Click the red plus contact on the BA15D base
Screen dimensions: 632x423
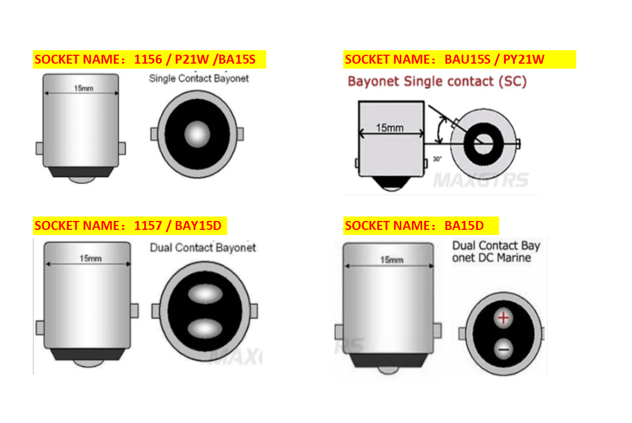click(503, 318)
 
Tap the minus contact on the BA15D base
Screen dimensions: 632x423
click(504, 349)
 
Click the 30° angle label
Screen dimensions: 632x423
click(437, 159)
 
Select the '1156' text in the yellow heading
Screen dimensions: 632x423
click(148, 59)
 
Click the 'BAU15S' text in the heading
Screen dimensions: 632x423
click(467, 59)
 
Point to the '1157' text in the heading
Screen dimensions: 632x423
click(148, 225)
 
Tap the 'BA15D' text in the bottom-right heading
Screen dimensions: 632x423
click(464, 225)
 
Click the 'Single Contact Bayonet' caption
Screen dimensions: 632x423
click(199, 79)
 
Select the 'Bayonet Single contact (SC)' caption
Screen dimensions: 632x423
click(437, 81)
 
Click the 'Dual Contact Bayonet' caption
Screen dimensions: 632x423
click(203, 247)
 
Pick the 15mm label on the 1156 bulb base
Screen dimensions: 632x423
click(83, 88)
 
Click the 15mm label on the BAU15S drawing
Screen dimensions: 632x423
click(390, 128)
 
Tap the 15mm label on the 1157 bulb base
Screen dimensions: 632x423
click(90, 258)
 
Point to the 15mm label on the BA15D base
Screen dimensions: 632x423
click(392, 260)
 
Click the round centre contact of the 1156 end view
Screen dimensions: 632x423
click(197, 134)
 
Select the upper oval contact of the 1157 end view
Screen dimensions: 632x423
click(205, 294)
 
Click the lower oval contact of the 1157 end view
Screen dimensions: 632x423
click(205, 328)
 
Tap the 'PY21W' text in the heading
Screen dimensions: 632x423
click(524, 59)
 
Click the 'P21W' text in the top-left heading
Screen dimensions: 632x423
click(192, 59)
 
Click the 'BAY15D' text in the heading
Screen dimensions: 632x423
click(198, 225)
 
